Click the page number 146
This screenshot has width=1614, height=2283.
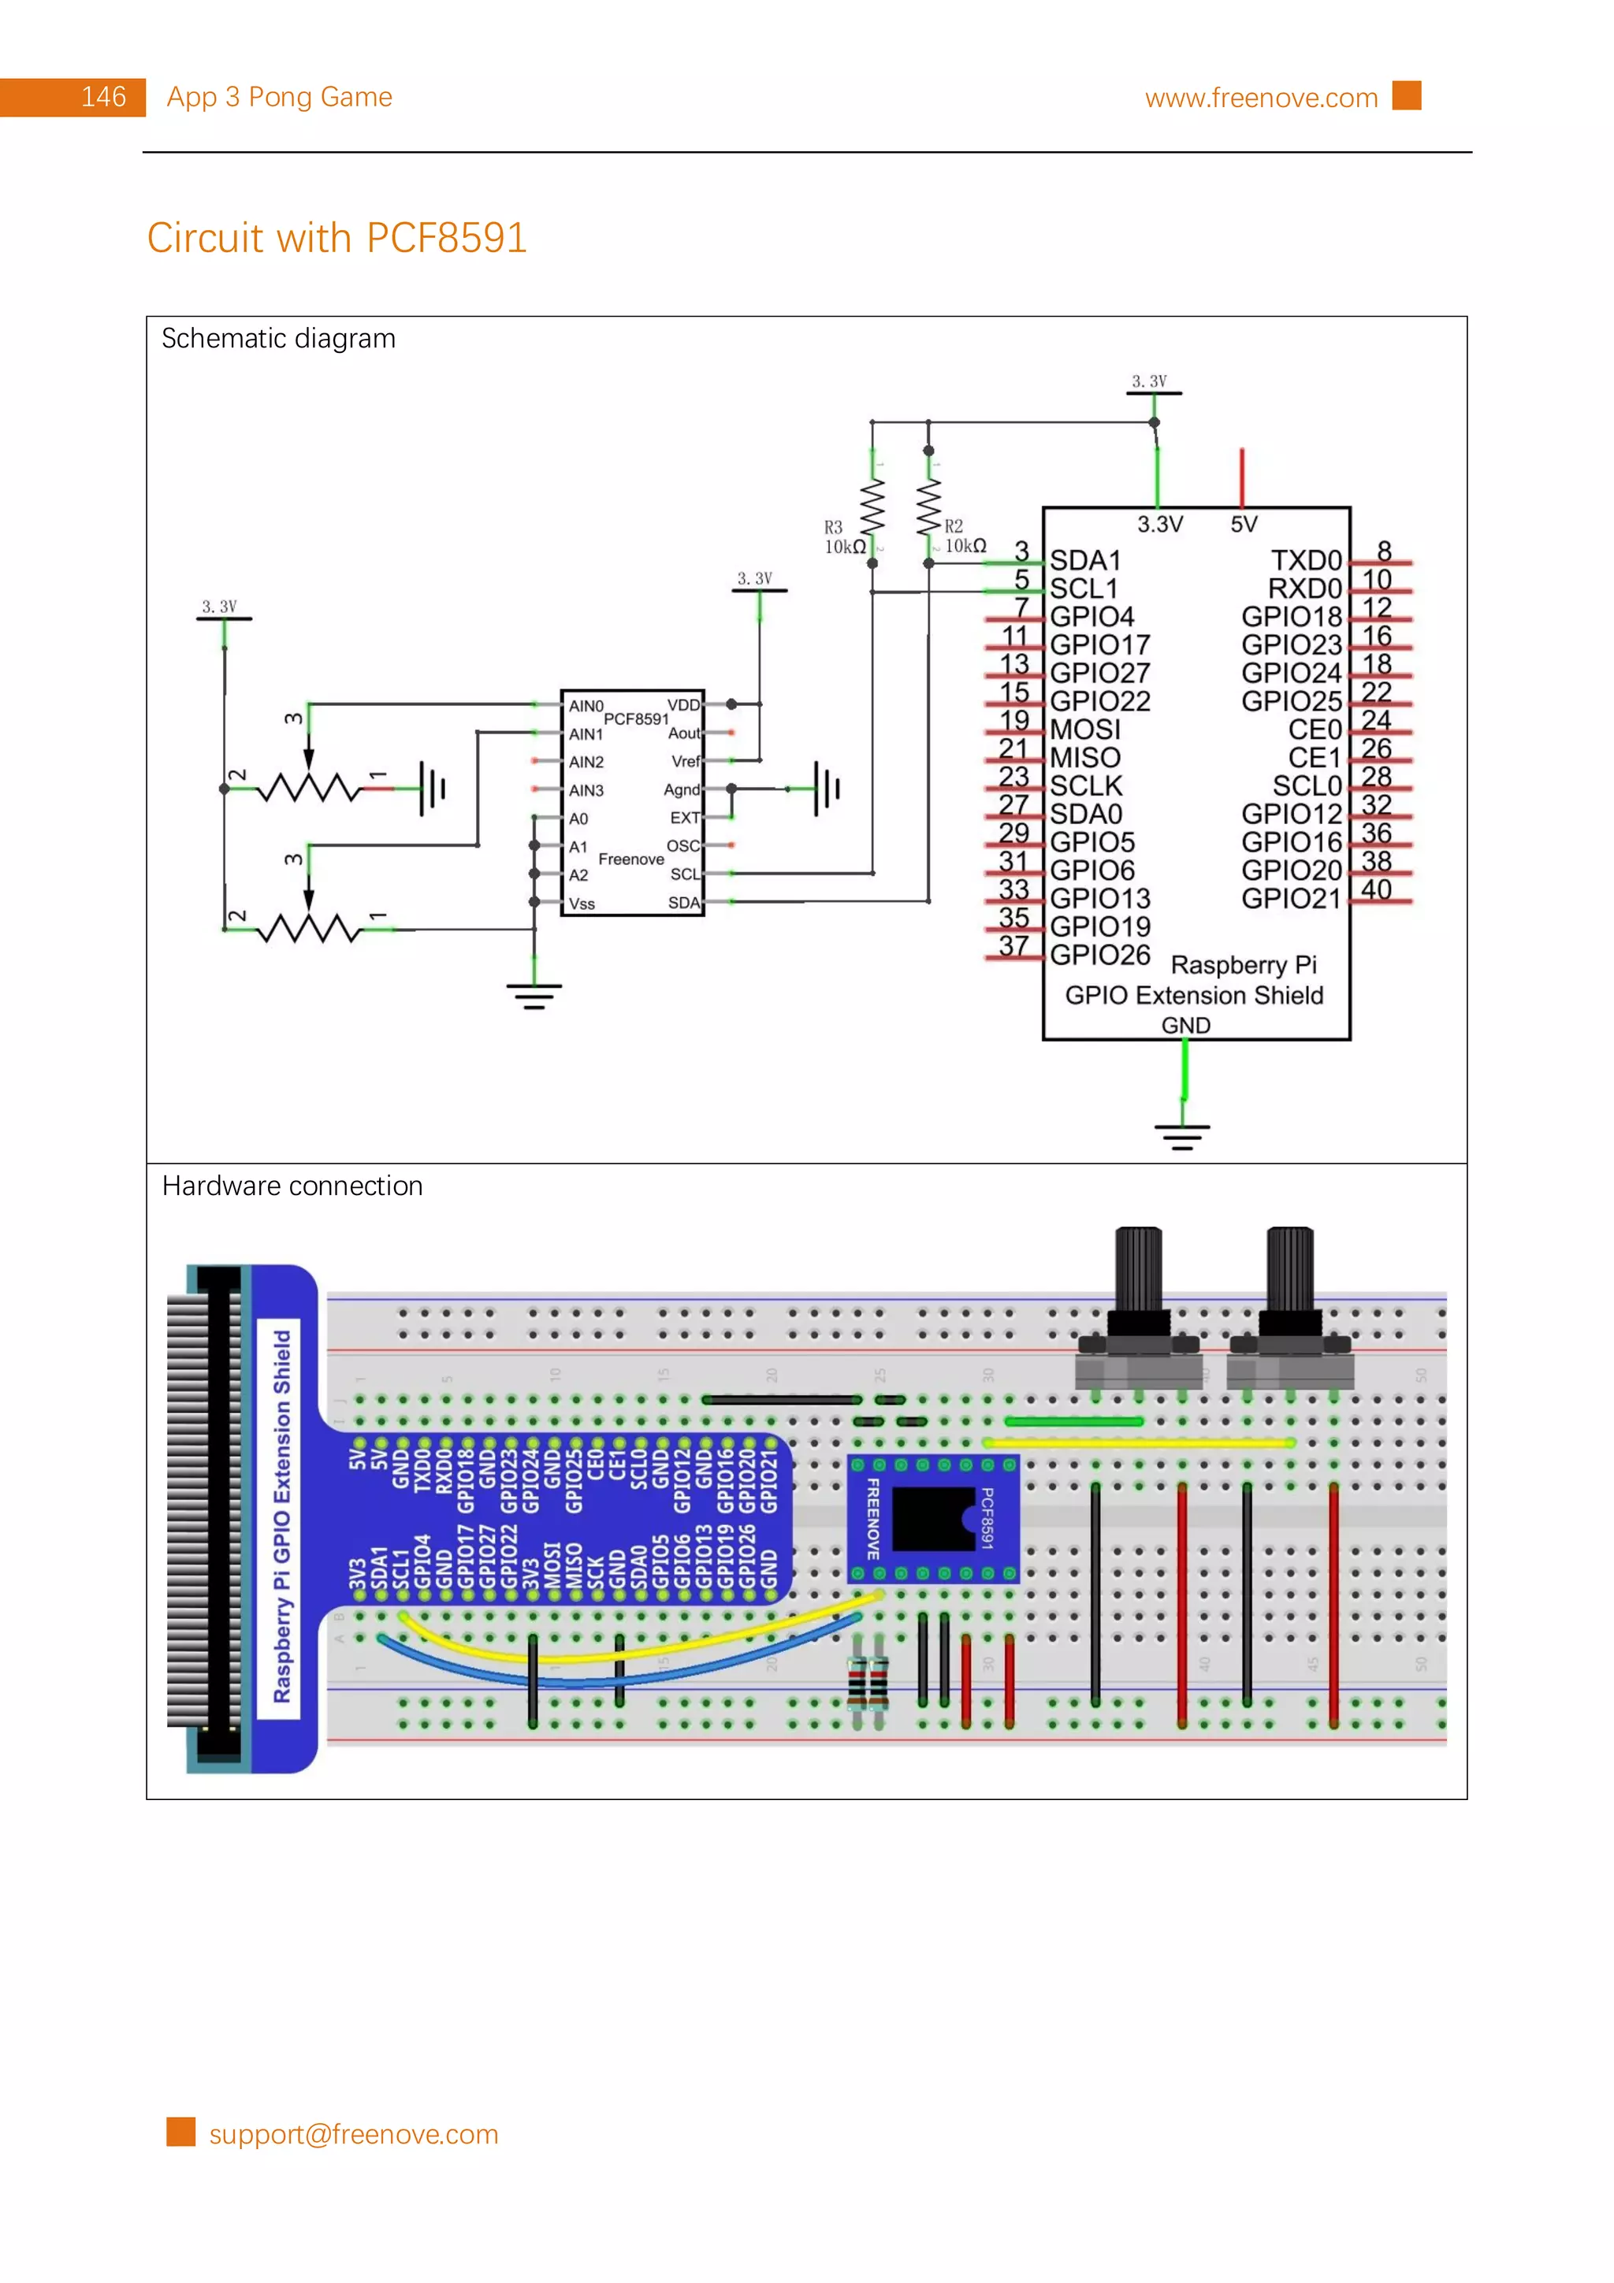pyautogui.click(x=102, y=98)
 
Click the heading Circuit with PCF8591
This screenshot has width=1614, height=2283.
pyautogui.click(x=337, y=238)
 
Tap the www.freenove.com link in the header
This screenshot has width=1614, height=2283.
pyautogui.click(x=1260, y=98)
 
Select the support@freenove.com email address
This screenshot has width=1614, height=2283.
pyautogui.click(x=353, y=2134)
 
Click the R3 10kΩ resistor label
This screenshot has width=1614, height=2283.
pyautogui.click(x=843, y=537)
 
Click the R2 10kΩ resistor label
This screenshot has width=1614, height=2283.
pyautogui.click(x=964, y=536)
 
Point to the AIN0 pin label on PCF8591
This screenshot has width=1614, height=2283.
pyautogui.click(x=585, y=706)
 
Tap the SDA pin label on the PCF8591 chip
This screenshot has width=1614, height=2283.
pyautogui.click(x=683, y=903)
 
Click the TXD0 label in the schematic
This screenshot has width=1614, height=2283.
pyautogui.click(x=1306, y=560)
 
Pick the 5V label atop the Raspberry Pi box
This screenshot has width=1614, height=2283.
pyautogui.click(x=1243, y=524)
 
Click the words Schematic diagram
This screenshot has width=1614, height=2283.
pyautogui.click(x=278, y=338)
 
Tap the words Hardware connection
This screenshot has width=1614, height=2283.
pyautogui.click(x=292, y=1186)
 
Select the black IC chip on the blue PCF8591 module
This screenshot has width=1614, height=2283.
pyautogui.click(x=933, y=1518)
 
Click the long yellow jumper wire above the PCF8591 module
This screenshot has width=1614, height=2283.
pyautogui.click(x=1138, y=1442)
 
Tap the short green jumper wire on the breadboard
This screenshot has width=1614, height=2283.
pyautogui.click(x=1073, y=1421)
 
